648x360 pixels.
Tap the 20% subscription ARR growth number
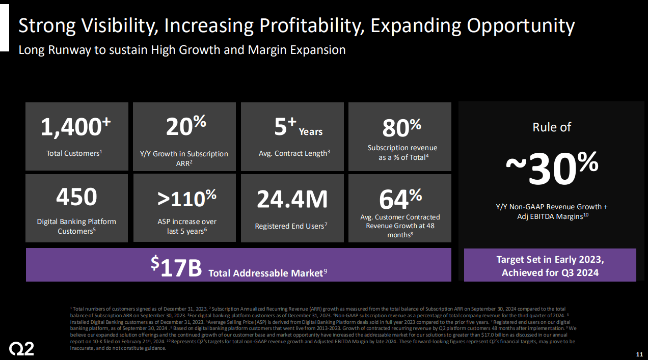(x=185, y=126)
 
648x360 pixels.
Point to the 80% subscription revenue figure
(x=401, y=127)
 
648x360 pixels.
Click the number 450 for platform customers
(x=76, y=197)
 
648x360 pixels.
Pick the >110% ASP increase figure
(x=187, y=200)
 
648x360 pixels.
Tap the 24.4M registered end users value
(x=292, y=200)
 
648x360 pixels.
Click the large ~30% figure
(x=552, y=168)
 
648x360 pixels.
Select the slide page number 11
(x=639, y=354)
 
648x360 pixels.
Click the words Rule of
(x=552, y=127)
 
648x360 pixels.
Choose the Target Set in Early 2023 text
(x=550, y=260)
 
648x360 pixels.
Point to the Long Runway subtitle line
(x=182, y=50)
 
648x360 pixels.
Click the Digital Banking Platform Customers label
(x=76, y=226)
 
